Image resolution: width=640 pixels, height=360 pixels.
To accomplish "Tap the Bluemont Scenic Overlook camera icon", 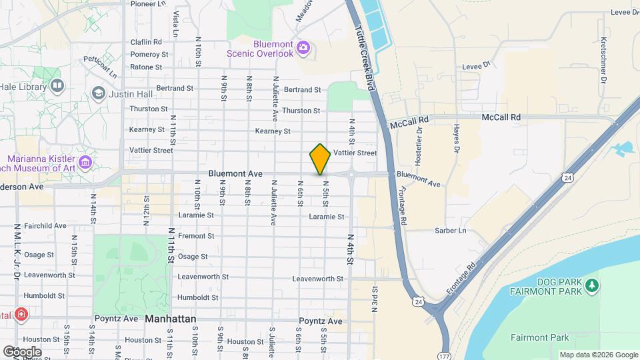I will tap(303, 47).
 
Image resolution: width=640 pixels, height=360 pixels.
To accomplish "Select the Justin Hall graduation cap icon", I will tap(99, 93).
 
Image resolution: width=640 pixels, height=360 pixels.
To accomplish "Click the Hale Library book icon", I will tap(57, 85).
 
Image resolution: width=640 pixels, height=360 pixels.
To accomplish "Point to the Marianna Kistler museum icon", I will tap(85, 162).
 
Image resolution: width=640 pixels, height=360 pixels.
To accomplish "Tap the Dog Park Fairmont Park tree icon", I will tap(591, 286).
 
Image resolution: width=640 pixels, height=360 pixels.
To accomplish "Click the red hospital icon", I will tap(21, 313).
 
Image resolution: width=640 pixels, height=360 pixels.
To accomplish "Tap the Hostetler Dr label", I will tap(420, 146).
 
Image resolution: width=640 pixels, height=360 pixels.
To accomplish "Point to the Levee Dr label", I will tap(477, 65).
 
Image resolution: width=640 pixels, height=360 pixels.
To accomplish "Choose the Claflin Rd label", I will tap(146, 41).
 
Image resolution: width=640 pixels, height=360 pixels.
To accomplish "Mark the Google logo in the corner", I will tap(22, 351).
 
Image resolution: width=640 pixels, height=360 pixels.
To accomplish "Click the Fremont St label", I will tap(196, 236).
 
